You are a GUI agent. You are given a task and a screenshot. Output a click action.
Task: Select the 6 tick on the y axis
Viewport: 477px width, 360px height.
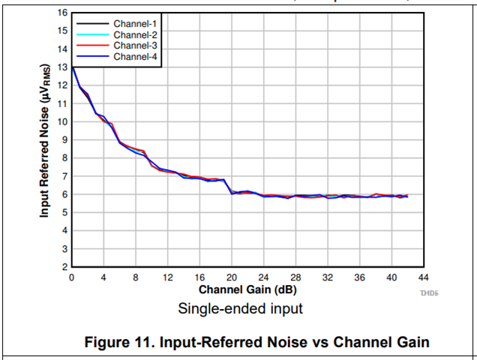pos(64,194)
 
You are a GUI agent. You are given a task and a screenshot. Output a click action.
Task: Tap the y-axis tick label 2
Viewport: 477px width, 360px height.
pos(64,267)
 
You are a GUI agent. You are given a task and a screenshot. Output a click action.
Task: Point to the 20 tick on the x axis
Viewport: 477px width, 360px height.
pos(232,277)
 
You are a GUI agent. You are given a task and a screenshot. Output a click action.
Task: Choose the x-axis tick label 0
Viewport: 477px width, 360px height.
pos(71,277)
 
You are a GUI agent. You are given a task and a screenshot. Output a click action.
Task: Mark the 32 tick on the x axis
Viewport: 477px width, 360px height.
pos(328,277)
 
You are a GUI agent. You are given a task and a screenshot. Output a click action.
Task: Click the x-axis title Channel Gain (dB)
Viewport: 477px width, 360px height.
pos(247,289)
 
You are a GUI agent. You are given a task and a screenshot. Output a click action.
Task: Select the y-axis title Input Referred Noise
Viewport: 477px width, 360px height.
pos(45,140)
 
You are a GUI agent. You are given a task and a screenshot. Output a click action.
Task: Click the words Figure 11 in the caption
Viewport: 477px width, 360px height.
pos(121,343)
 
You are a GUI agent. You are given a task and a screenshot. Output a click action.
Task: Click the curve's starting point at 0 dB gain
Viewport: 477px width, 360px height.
pos(72,67)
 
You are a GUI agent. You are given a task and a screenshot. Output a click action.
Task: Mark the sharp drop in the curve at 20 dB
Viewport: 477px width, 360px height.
pos(230,187)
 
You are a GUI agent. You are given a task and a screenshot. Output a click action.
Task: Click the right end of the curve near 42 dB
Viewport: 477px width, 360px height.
pos(407,196)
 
